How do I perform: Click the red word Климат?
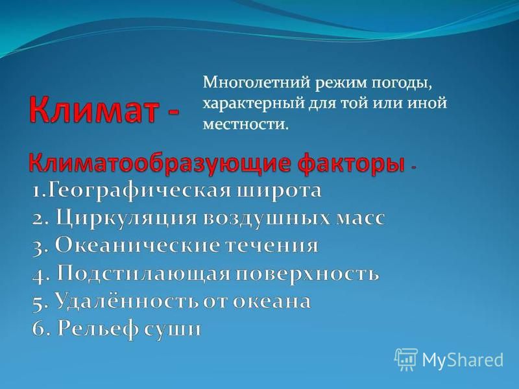(93, 110)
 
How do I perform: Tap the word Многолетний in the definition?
(256, 82)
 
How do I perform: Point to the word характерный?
(254, 104)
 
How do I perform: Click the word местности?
(244, 124)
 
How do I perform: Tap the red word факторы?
(351, 163)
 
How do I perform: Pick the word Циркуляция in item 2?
(126, 218)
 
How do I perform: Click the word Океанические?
(137, 246)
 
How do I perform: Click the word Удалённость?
(127, 301)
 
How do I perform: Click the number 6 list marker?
(40, 329)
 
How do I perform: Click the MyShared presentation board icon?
(406, 359)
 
